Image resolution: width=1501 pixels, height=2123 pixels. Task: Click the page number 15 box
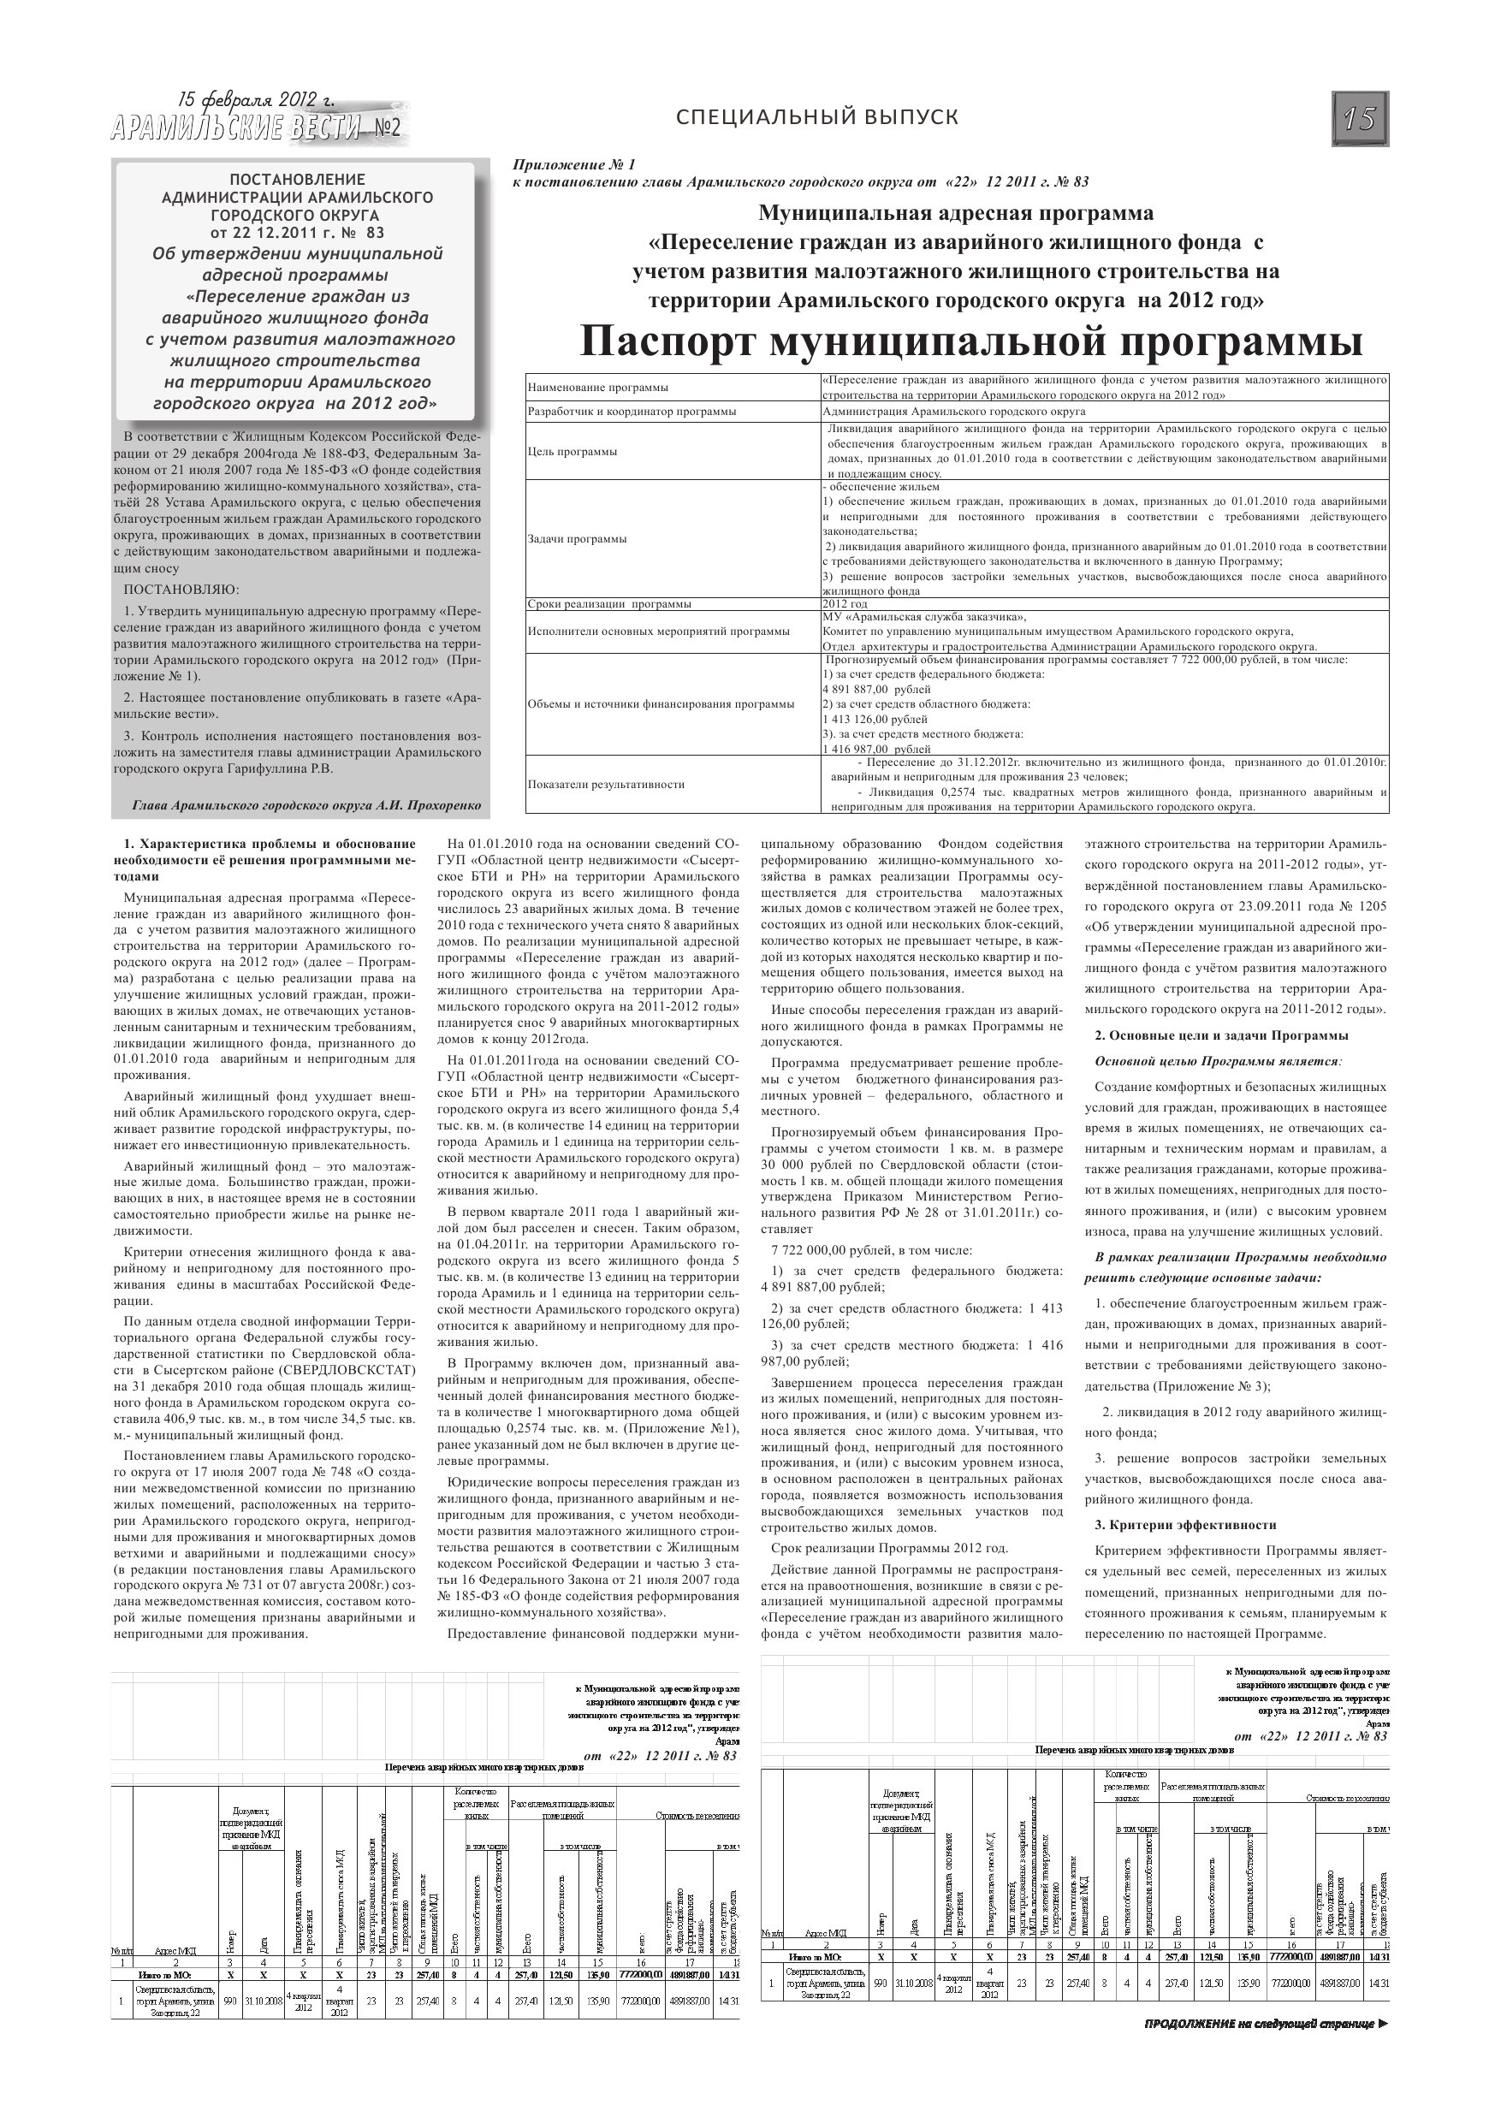[x=1361, y=118]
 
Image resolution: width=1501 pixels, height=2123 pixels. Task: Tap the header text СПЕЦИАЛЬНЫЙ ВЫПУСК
[x=816, y=117]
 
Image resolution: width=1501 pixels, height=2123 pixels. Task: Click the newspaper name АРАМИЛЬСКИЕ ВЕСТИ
[x=236, y=129]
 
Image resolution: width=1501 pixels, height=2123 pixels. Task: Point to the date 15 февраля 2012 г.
[x=255, y=100]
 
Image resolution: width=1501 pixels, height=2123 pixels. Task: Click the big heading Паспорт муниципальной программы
[x=971, y=342]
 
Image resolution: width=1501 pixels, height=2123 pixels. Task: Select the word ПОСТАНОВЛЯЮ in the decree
[x=181, y=589]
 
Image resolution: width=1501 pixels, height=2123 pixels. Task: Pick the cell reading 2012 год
[x=845, y=604]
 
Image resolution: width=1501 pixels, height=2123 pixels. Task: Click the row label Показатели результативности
[x=606, y=784]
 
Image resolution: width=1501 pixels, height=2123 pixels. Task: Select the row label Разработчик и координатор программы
[x=632, y=412]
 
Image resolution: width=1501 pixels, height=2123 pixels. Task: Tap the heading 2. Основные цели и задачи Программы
[x=1221, y=1035]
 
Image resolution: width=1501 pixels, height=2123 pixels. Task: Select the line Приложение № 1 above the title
[x=574, y=164]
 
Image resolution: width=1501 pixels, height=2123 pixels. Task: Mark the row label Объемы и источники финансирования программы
[x=661, y=703]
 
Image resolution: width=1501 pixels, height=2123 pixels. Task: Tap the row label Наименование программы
[x=597, y=388]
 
